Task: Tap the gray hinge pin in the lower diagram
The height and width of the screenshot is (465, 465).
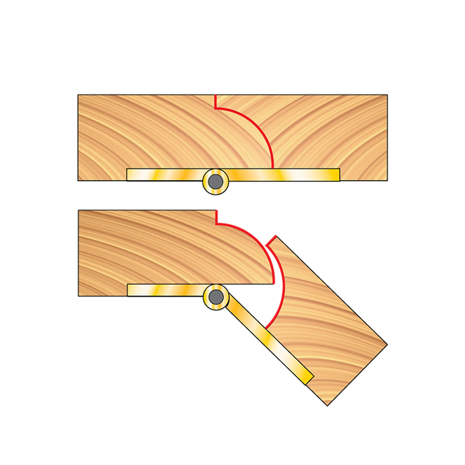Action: click(x=216, y=297)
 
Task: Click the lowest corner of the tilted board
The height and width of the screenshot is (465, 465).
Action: click(x=328, y=405)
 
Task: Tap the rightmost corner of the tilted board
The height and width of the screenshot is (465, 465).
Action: click(x=387, y=345)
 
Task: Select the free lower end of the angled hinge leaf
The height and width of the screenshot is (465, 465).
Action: click(x=309, y=379)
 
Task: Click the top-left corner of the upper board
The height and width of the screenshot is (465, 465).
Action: click(x=78, y=95)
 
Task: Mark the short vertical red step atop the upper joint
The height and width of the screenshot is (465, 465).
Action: click(x=215, y=101)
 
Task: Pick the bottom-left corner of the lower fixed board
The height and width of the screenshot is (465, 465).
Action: click(x=79, y=296)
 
